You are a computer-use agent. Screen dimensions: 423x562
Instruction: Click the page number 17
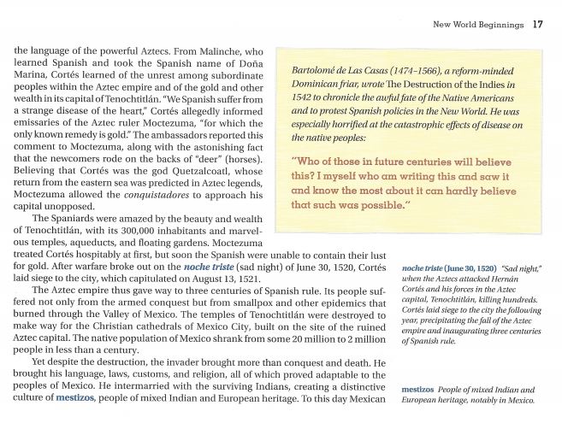537,24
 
